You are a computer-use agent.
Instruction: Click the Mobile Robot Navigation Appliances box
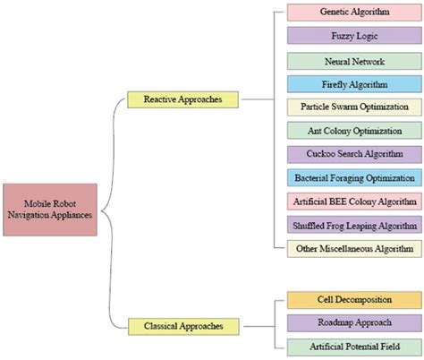(49, 209)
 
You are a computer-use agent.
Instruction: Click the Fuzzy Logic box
(353, 38)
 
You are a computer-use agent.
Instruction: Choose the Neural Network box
(353, 61)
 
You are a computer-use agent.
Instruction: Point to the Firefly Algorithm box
(353, 84)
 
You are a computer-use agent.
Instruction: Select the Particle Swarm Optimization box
(353, 107)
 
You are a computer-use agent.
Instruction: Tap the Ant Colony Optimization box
(353, 131)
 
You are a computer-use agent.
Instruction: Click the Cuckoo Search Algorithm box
(353, 154)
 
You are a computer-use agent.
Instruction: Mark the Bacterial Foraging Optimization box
(353, 177)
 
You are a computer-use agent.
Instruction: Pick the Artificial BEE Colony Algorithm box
(353, 201)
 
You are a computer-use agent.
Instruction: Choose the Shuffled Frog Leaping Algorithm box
(353, 224)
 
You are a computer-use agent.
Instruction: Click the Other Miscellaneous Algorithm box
(353, 248)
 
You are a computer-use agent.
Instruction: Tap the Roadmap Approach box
(353, 322)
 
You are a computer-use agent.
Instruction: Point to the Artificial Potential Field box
(353, 346)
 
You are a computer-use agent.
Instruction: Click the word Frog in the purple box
(341, 224)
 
